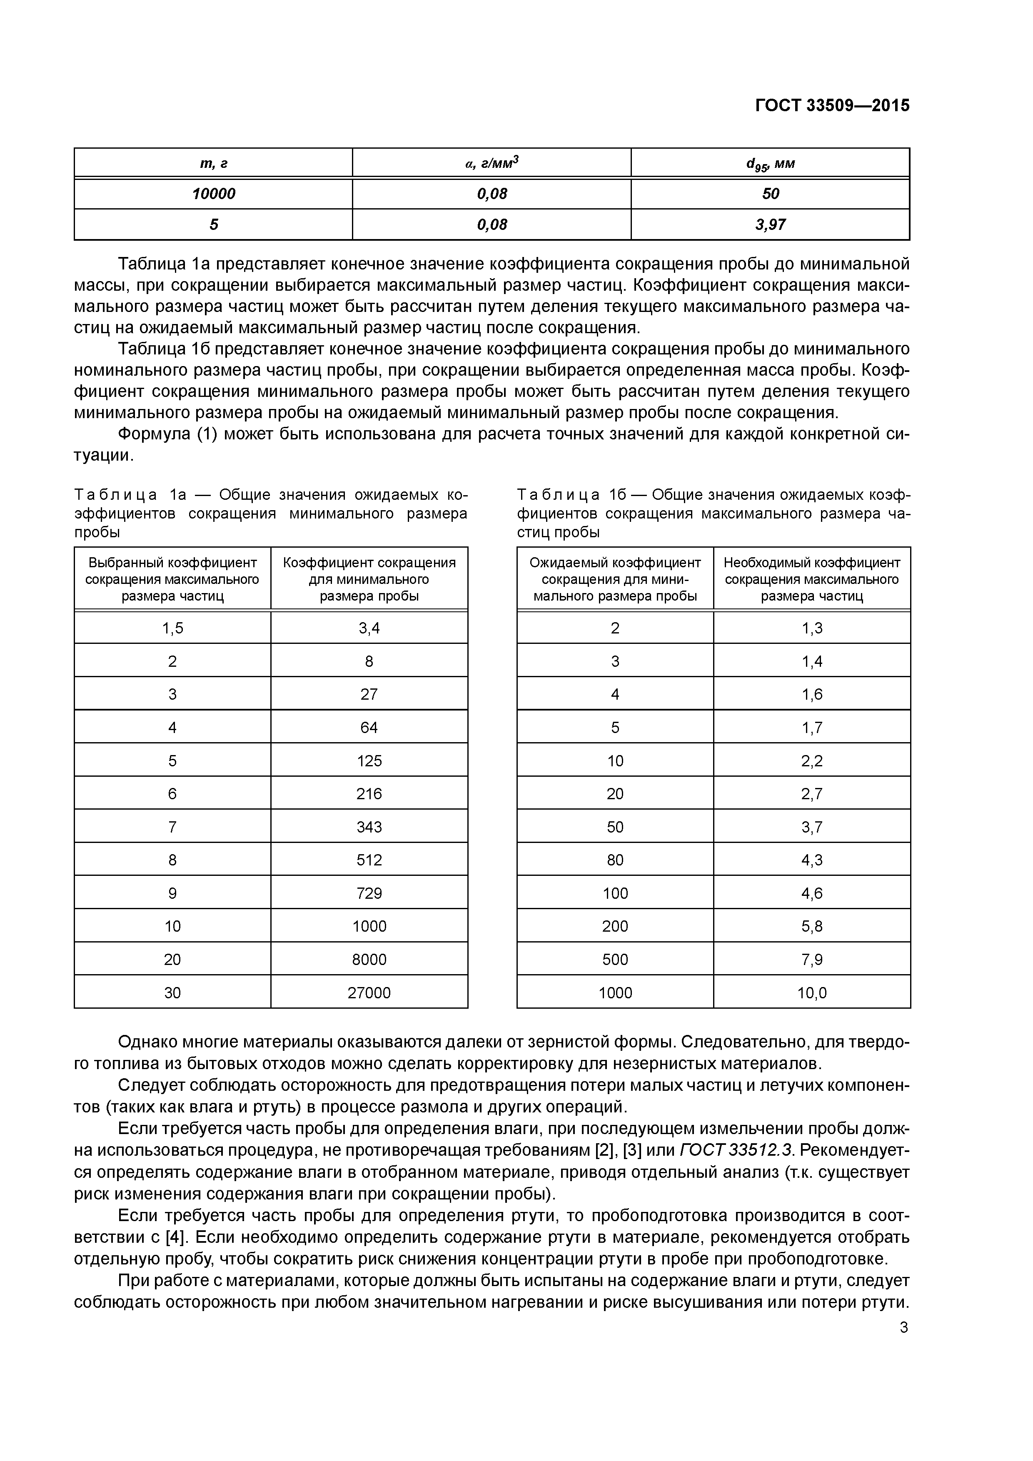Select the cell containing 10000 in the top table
coord(213,194)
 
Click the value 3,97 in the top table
coord(770,224)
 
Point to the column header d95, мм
coord(770,164)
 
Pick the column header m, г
coord(213,164)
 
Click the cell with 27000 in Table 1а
coord(369,992)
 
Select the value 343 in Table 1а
coord(369,827)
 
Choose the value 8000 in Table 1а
coord(369,960)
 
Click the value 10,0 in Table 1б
coord(812,992)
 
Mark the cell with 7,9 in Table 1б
coord(812,960)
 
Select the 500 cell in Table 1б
coord(615,960)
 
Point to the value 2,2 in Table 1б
coord(812,761)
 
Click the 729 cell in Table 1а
coord(369,893)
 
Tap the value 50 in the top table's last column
coord(770,194)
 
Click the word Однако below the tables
coord(148,1042)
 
